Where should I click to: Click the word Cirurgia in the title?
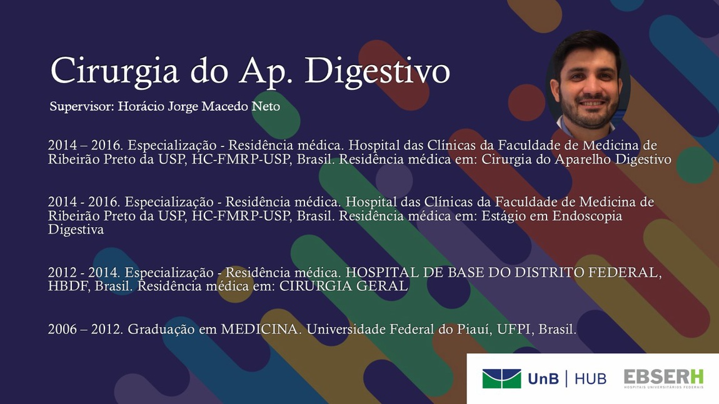pyautogui.click(x=114, y=71)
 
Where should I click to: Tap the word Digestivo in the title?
pyautogui.click(x=378, y=71)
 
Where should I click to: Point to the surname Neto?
pyautogui.click(x=266, y=106)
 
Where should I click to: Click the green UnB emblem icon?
pyautogui.click(x=501, y=379)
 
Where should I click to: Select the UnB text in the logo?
pyautogui.click(x=543, y=379)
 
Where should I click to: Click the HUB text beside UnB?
pyautogui.click(x=591, y=379)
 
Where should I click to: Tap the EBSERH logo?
pyautogui.click(x=663, y=379)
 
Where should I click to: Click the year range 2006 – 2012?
pyautogui.click(x=85, y=329)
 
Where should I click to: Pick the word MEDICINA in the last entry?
pyautogui.click(x=259, y=329)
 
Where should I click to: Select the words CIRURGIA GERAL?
pyautogui.click(x=343, y=286)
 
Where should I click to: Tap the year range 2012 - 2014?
pyautogui.click(x=84, y=273)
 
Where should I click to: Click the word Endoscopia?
pyautogui.click(x=588, y=216)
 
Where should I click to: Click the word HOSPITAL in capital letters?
pyautogui.click(x=382, y=273)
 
